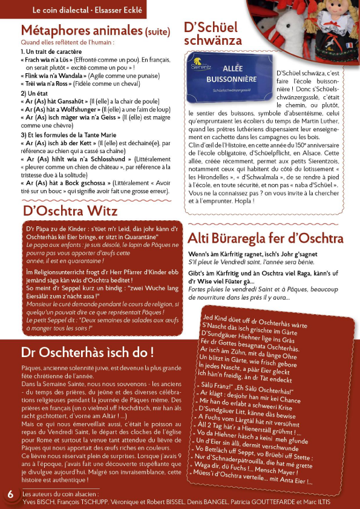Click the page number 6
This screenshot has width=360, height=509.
tap(10, 494)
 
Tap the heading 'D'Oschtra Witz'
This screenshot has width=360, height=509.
tap(70, 211)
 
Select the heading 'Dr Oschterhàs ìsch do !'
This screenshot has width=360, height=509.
tap(87, 352)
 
